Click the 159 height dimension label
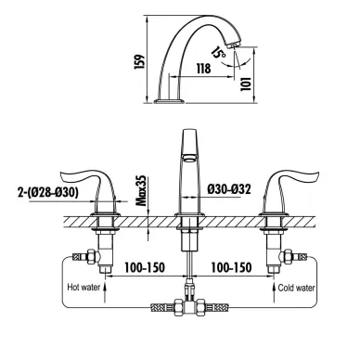pos(139,62)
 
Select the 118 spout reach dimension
pos(203,69)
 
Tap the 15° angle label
pos(219,53)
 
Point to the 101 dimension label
pos(246,84)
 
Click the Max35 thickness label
pos(142,191)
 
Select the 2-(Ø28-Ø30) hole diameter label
pos(47,192)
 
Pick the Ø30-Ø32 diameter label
pos(229,188)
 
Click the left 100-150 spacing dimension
pos(145,267)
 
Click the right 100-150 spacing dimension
pos(231,267)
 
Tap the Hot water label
pos(84,288)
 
